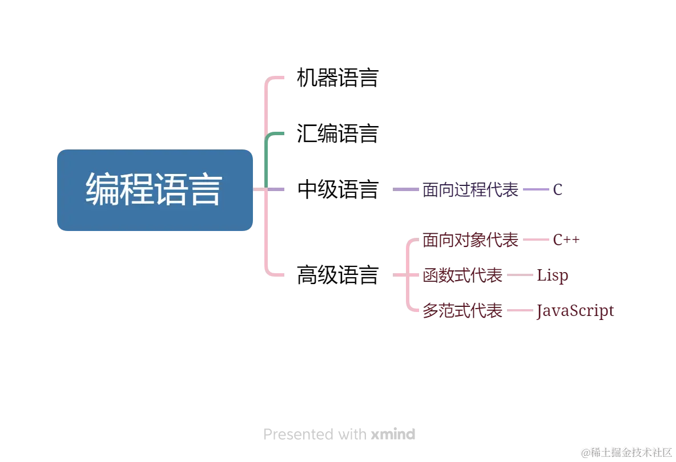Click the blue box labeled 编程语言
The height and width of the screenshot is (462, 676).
tap(155, 189)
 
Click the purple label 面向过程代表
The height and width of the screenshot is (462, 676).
tap(470, 190)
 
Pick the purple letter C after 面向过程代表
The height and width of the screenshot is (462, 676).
tap(559, 190)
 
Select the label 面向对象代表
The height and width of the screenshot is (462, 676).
tap(470, 241)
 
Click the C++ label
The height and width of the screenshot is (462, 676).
tap(566, 240)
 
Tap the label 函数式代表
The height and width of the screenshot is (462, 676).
tap(462, 276)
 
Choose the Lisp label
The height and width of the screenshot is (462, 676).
tap(552, 276)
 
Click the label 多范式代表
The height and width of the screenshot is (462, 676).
tap(462, 311)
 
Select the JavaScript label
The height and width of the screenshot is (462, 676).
tap(575, 311)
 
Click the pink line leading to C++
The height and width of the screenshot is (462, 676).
tap(536, 240)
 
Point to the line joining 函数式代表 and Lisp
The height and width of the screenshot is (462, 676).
tap(520, 276)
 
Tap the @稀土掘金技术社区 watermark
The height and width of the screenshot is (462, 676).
tap(626, 452)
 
